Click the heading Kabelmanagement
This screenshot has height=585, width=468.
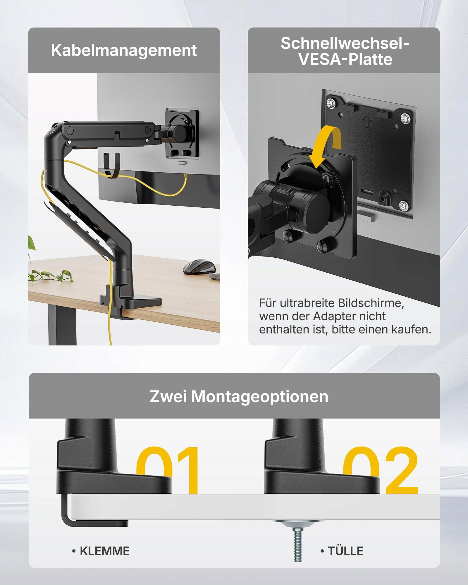pyautogui.click(x=124, y=50)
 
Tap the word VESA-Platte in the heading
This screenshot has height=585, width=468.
pyautogui.click(x=345, y=59)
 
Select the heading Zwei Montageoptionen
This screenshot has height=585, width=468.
pyautogui.click(x=239, y=397)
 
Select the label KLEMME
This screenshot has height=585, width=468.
pyautogui.click(x=105, y=551)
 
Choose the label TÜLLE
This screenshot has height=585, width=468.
pyautogui.click(x=345, y=551)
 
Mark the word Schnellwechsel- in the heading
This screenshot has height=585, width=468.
pyautogui.click(x=345, y=44)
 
